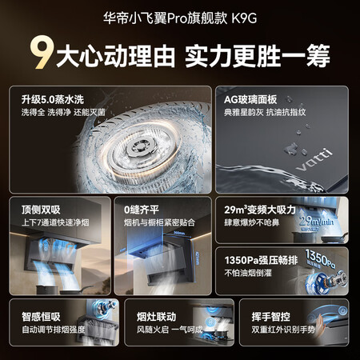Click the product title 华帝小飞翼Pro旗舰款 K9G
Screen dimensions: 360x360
[179, 15]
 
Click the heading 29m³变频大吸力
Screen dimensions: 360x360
[262, 208]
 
